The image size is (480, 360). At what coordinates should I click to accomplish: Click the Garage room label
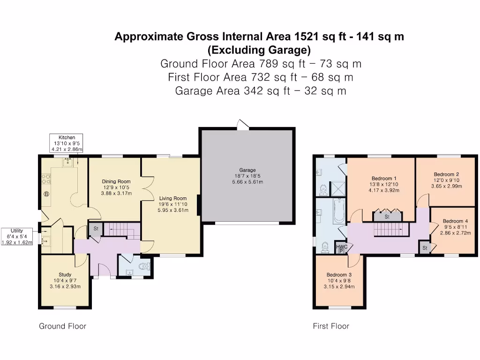click(x=247, y=170)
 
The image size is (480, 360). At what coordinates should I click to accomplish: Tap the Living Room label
click(x=173, y=198)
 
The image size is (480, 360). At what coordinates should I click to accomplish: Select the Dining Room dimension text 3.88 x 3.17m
click(x=116, y=193)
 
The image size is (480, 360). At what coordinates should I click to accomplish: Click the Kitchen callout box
click(x=67, y=143)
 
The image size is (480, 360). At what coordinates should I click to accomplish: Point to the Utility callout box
click(x=17, y=236)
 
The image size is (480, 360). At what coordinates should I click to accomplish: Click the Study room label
click(x=65, y=275)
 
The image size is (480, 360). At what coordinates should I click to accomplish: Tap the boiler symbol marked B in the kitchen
click(x=46, y=194)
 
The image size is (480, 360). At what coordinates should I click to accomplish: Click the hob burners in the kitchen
click(x=46, y=179)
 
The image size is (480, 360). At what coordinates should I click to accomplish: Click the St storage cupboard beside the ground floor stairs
click(x=96, y=229)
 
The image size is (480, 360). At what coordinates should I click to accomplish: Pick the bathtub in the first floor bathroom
click(x=339, y=211)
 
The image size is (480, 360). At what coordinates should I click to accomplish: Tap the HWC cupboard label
click(x=342, y=247)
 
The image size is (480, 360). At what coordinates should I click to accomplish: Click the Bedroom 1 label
click(x=384, y=179)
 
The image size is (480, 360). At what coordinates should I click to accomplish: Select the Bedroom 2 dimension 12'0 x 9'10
click(x=446, y=180)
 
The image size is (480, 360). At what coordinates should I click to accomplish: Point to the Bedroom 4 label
click(x=455, y=221)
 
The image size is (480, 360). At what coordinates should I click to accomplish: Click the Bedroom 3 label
click(x=339, y=275)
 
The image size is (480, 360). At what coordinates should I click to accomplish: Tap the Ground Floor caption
click(x=62, y=326)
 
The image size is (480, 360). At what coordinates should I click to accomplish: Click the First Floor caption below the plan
click(x=331, y=326)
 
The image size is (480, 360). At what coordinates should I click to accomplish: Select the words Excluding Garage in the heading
click(x=259, y=50)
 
